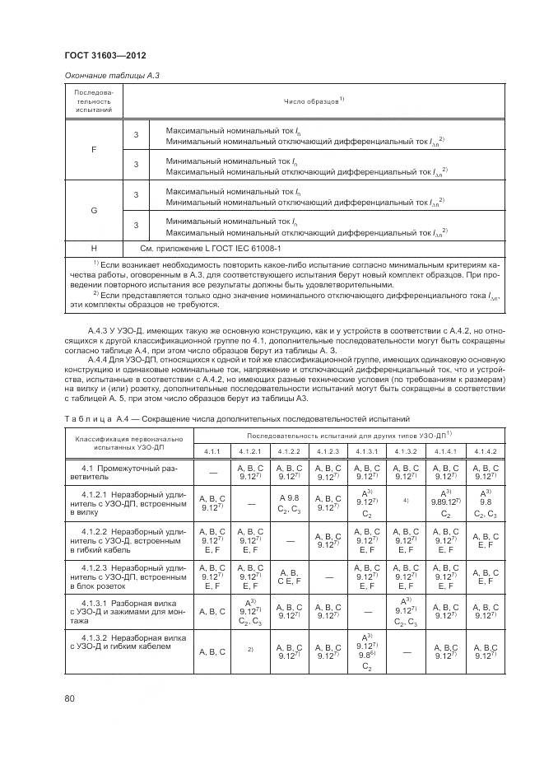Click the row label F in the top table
[93, 150]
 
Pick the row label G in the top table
[93, 210]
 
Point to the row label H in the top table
[93, 247]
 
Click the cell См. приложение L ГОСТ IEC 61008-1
[211, 247]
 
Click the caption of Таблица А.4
[239, 419]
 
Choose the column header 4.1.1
[212, 451]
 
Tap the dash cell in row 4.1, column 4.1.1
[212, 472]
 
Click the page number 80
[70, 699]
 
